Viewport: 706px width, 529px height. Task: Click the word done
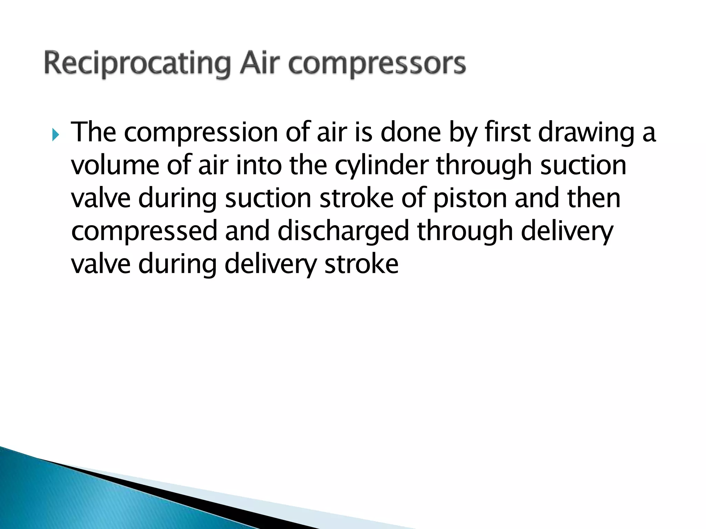point(411,132)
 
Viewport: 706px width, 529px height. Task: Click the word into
point(259,165)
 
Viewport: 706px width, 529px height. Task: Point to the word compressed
point(144,231)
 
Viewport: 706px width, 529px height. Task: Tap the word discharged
point(343,231)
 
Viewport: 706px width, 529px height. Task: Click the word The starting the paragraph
point(93,132)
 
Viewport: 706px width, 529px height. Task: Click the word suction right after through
point(583,165)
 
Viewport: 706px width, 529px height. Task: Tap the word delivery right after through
point(567,231)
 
